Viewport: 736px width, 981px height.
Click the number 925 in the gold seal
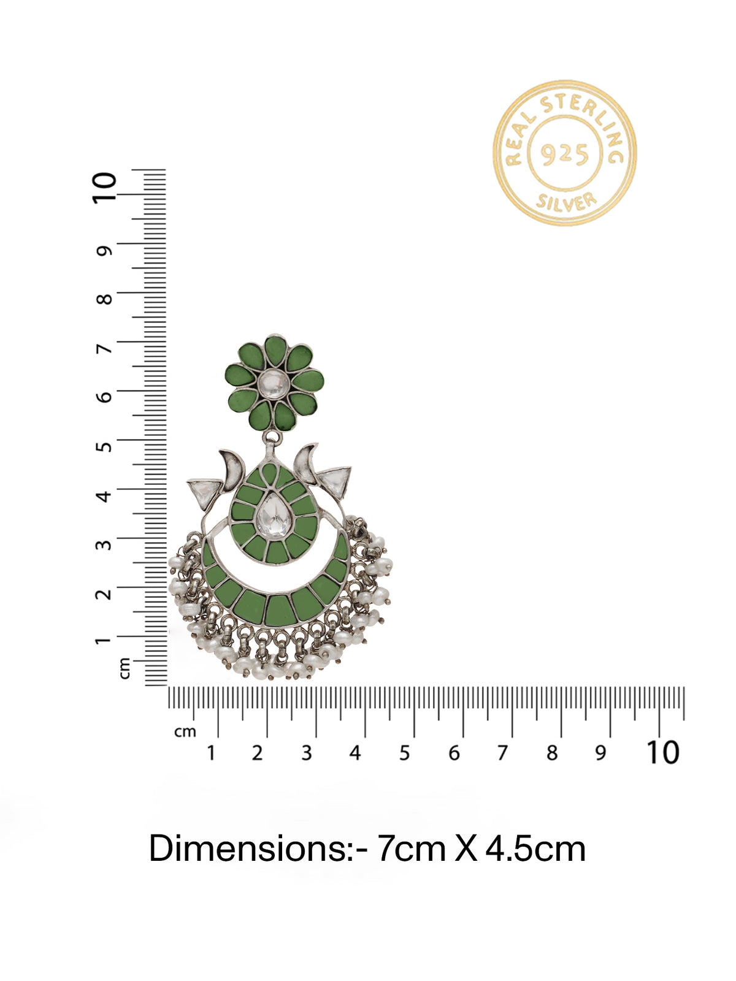pos(564,154)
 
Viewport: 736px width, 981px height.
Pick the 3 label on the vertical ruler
pos(104,544)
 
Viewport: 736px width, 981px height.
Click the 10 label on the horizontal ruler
pos(662,753)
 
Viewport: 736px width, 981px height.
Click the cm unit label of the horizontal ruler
pos(185,731)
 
